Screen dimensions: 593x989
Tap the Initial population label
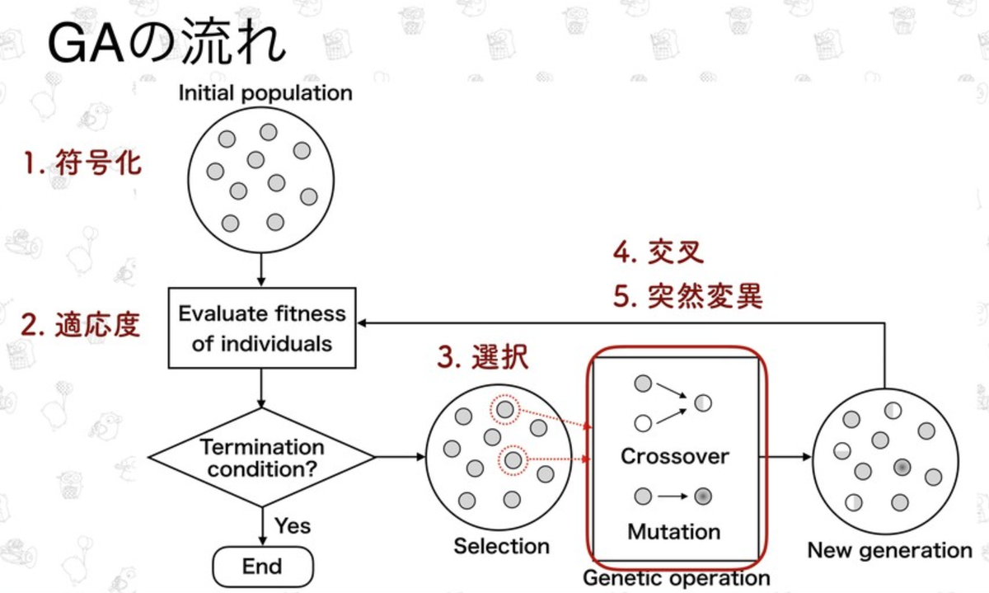click(265, 92)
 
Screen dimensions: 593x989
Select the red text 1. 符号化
click(82, 163)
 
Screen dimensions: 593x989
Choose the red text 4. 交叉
click(659, 252)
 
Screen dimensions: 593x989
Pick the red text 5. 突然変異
click(687, 296)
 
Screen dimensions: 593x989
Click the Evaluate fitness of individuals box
click(262, 327)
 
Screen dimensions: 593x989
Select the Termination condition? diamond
click(262, 457)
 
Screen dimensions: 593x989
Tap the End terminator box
click(263, 567)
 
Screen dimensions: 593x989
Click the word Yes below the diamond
click(293, 525)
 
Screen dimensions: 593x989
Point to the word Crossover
click(675, 456)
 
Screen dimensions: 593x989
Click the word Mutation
click(674, 531)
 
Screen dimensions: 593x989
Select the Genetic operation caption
click(676, 578)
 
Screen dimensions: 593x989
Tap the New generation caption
click(889, 550)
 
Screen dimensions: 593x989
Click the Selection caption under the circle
click(501, 546)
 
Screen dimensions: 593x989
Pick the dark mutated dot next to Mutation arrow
click(703, 497)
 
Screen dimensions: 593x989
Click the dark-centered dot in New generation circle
click(901, 468)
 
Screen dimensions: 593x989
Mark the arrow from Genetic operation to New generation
click(783, 456)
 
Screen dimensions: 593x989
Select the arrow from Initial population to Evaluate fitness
click(261, 268)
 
